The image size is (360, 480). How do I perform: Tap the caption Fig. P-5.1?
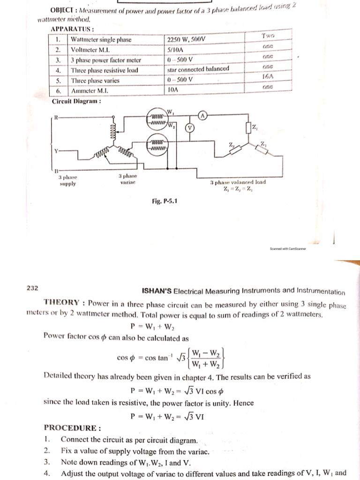(165, 201)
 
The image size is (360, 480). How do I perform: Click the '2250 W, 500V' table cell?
(186, 39)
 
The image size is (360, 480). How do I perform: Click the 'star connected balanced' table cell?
(198, 69)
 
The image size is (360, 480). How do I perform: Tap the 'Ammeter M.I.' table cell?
(90, 90)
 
